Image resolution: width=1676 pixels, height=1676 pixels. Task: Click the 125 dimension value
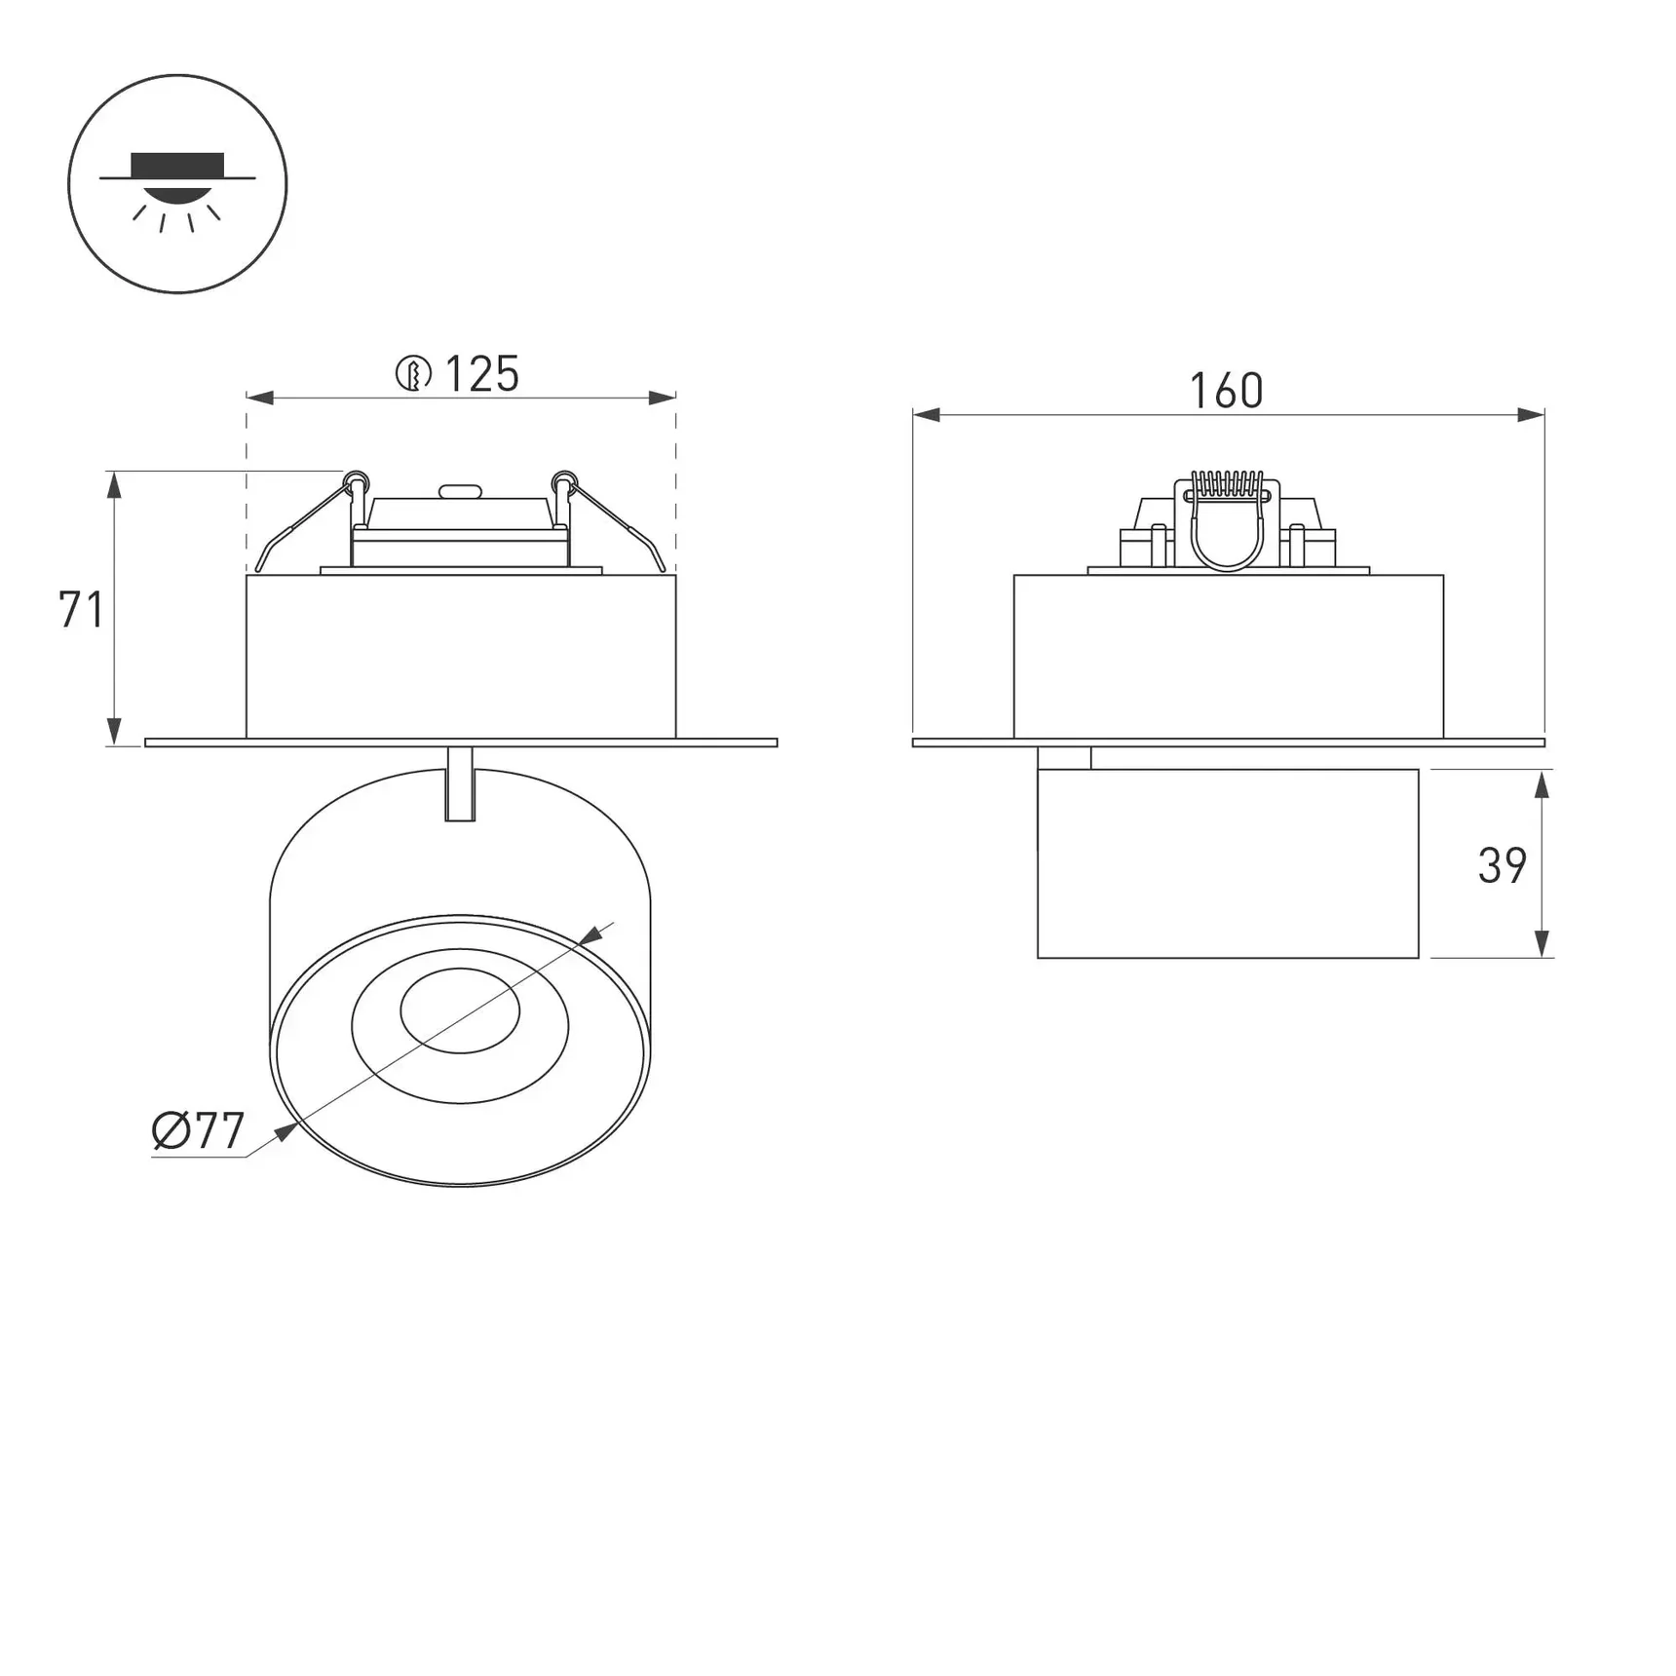(x=482, y=374)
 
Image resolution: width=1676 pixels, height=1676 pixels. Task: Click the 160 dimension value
(x=1226, y=392)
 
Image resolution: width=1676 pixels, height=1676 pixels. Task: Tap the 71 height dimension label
(x=81, y=611)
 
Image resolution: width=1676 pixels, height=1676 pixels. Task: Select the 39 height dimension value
(x=1502, y=866)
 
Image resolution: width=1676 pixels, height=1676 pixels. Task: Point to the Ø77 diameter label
(x=199, y=1131)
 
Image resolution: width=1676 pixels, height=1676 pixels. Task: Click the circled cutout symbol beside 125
(x=413, y=374)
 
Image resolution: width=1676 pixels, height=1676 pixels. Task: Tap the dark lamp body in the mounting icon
(x=177, y=166)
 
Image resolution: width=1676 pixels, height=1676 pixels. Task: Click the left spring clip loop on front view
(x=357, y=480)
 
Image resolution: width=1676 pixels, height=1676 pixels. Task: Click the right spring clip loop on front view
(x=564, y=480)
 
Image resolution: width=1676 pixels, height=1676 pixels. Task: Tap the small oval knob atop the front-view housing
(x=460, y=492)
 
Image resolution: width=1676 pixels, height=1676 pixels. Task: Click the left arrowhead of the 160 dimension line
(x=927, y=415)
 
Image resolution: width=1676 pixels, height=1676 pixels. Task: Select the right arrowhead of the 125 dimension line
(x=663, y=398)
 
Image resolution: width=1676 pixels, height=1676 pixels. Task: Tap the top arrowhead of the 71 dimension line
(x=114, y=484)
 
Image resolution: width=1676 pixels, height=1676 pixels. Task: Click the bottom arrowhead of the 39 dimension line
(x=1542, y=944)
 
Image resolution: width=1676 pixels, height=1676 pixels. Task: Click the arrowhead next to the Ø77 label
(x=286, y=1131)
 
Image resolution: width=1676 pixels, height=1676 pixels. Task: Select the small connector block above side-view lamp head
(x=1064, y=758)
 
